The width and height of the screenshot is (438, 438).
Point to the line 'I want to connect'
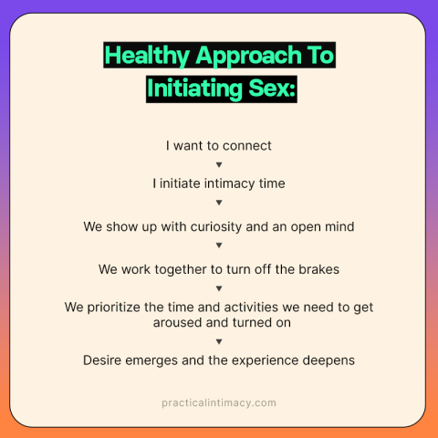click(219, 145)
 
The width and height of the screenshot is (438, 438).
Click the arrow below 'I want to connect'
click(219, 165)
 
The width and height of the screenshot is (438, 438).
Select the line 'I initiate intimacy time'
click(219, 183)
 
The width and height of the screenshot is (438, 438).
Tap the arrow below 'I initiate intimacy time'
click(219, 203)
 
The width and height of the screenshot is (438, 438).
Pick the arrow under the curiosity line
click(219, 245)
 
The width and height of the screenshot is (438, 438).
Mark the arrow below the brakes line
click(219, 288)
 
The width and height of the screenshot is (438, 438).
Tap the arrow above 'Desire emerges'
click(219, 341)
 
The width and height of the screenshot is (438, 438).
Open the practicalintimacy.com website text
click(219, 402)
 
